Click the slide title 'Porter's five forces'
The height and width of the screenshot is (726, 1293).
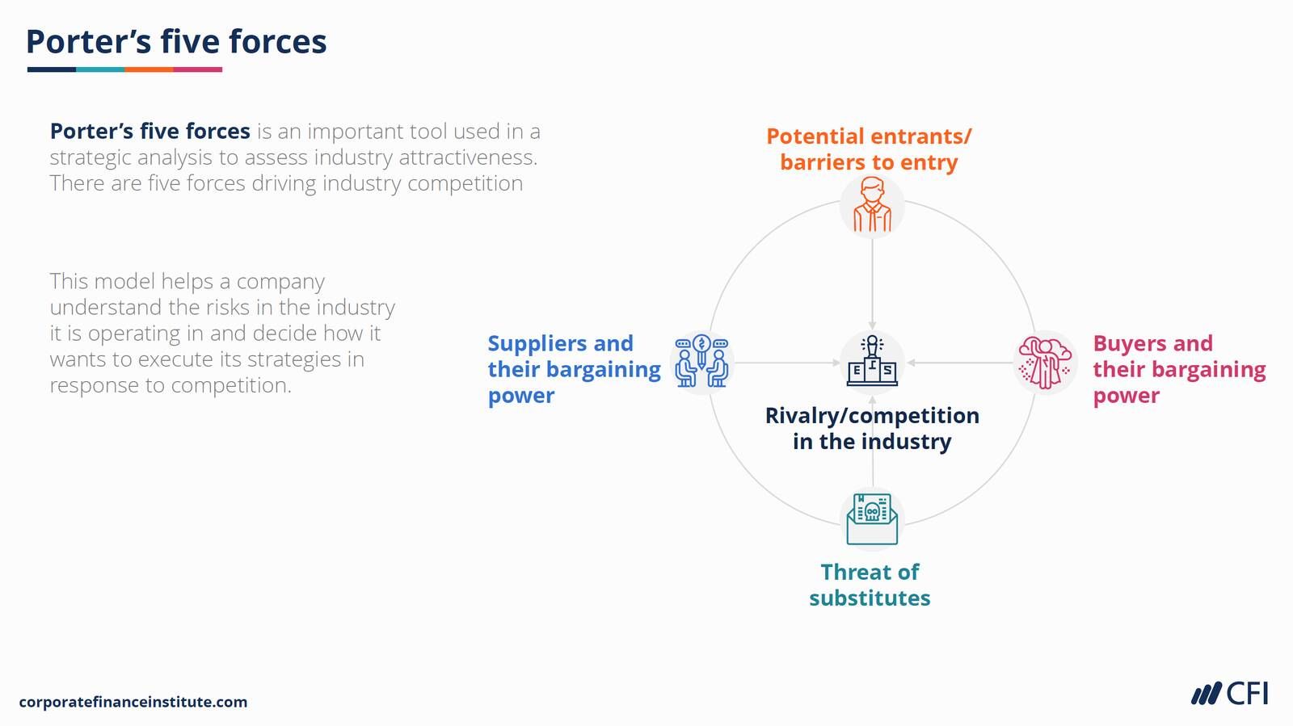pyautogui.click(x=176, y=42)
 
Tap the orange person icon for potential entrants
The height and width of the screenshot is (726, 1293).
pyautogui.click(x=872, y=207)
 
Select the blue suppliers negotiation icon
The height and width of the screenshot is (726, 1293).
pyautogui.click(x=701, y=361)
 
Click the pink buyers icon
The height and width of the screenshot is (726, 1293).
pyautogui.click(x=1045, y=363)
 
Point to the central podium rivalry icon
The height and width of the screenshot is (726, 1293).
pyautogui.click(x=872, y=360)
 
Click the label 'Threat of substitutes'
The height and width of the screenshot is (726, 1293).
pyautogui.click(x=870, y=585)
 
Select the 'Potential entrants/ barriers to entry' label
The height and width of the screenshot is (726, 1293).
pyautogui.click(x=869, y=149)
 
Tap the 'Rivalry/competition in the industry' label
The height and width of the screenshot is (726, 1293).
pyautogui.click(x=872, y=428)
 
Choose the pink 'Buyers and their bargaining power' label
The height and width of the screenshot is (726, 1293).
pyautogui.click(x=1178, y=369)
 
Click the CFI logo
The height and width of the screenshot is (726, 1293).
pyautogui.click(x=1229, y=694)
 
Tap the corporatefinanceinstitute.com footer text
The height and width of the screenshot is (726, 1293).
pyautogui.click(x=133, y=702)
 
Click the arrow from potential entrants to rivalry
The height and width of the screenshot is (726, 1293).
pyautogui.click(x=872, y=283)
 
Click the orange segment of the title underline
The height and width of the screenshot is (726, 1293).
pyautogui.click(x=149, y=69)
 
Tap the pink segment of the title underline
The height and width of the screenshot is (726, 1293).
pyautogui.click(x=198, y=69)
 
